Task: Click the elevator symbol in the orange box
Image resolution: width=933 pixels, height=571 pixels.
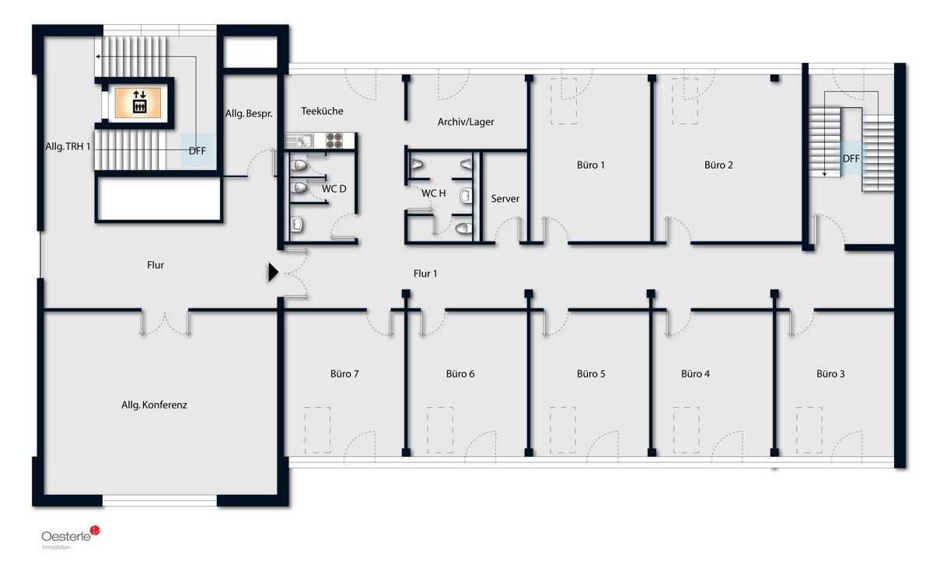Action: coord(139,102)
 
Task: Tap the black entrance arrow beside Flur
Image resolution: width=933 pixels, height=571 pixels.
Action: coord(273,272)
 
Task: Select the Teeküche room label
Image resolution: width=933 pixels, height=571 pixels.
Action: coord(322,111)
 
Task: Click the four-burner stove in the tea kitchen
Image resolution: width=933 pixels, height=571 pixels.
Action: coord(334,141)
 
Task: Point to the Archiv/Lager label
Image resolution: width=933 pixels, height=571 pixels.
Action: coord(466,122)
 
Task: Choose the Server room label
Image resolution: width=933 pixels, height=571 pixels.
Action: coord(505,199)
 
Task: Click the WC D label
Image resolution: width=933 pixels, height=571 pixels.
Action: coord(334,189)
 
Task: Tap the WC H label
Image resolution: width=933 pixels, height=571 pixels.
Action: coord(433,193)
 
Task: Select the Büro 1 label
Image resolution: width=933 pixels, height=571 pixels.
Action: coord(591,165)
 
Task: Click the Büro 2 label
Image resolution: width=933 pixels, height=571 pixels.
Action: coord(718,165)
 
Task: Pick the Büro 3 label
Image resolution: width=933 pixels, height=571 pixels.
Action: coord(830,374)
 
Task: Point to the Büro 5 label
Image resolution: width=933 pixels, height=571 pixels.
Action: coord(591,374)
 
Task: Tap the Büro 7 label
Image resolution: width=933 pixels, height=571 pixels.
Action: coord(344,374)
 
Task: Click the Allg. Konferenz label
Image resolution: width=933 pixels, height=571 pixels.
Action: coord(154,405)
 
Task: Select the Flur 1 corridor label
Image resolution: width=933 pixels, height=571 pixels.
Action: coord(425,273)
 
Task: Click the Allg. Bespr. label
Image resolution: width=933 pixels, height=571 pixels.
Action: coord(249,113)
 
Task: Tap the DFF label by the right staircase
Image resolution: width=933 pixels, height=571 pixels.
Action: coord(851,158)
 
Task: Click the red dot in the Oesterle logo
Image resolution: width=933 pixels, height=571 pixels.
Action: coord(96,530)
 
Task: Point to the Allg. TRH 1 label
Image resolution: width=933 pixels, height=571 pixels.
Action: coord(68,147)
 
